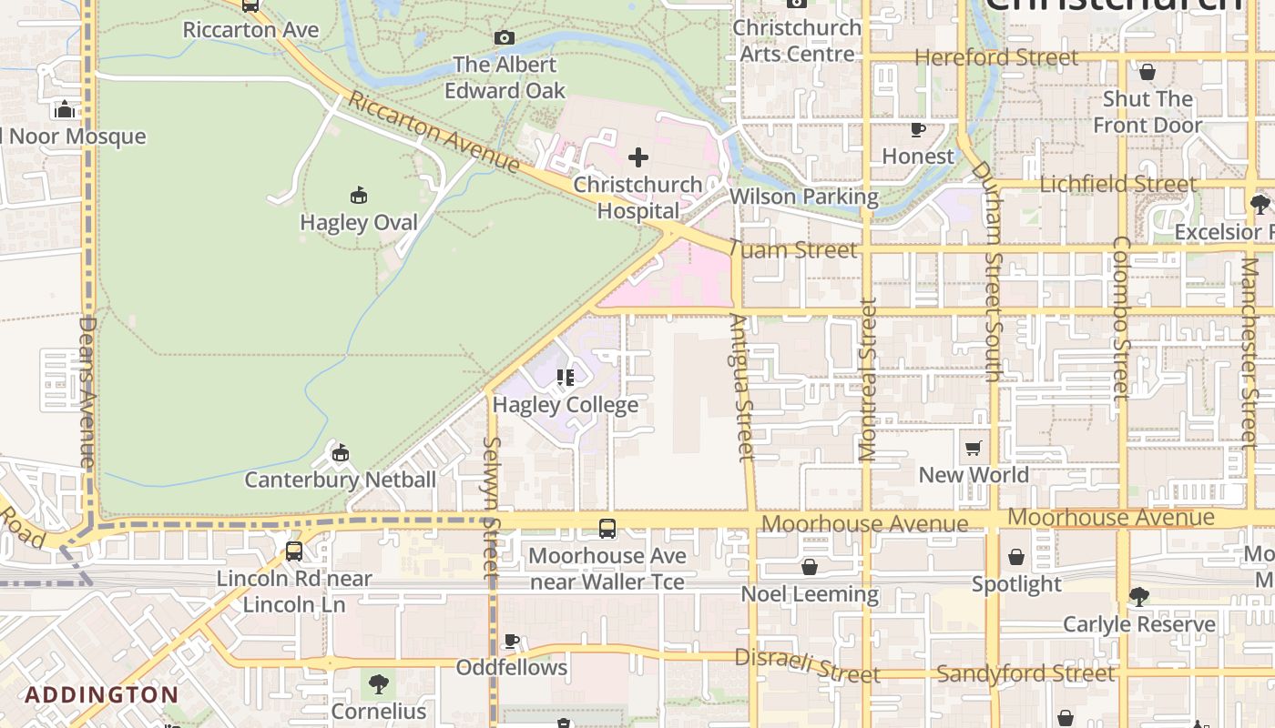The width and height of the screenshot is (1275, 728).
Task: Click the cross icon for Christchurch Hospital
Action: (638, 157)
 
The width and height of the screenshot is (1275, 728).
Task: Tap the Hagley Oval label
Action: (359, 222)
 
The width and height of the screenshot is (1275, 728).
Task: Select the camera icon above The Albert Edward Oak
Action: (505, 37)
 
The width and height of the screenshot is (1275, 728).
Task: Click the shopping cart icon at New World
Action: (974, 448)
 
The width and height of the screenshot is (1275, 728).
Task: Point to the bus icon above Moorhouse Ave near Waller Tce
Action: (607, 528)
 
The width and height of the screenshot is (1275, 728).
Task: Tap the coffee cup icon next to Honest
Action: (918, 130)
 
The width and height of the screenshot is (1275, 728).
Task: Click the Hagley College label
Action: (566, 404)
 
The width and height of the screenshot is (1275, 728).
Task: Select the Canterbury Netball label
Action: (340, 480)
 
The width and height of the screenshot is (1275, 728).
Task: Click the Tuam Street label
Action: (793, 249)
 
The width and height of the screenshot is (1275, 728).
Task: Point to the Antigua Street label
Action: (742, 387)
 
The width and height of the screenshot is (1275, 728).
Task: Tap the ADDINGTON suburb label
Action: (102, 695)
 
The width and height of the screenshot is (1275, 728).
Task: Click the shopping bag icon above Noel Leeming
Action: (810, 568)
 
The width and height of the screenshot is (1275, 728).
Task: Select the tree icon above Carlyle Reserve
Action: (1138, 597)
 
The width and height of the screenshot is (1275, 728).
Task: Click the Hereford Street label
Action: (996, 57)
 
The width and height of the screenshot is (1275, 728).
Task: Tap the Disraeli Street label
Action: (807, 666)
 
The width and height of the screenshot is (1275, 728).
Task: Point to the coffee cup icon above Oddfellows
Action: (512, 642)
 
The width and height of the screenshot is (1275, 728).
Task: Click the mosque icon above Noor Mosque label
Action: (65, 109)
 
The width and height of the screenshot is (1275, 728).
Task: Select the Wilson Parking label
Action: (804, 197)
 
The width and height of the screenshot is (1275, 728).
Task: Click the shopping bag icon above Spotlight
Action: (1016, 557)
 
